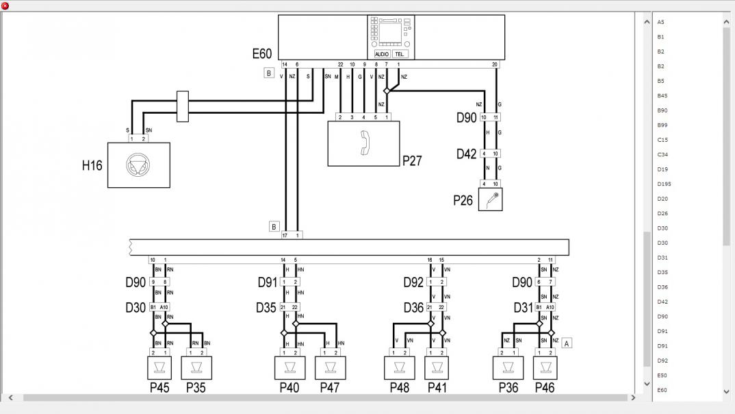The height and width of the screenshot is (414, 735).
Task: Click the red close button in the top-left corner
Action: tap(5, 5)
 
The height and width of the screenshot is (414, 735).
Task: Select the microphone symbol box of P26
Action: tap(490, 199)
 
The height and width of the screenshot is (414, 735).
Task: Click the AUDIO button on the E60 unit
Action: tap(382, 54)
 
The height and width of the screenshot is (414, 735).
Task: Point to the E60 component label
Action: tap(262, 54)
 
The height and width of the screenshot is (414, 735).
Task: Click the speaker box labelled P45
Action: tap(159, 368)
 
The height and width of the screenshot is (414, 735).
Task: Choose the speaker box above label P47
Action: tap(330, 368)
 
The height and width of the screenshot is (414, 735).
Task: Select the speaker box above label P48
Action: tap(400, 368)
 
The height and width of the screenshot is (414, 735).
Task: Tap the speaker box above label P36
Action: tap(508, 368)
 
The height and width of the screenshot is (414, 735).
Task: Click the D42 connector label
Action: tap(467, 154)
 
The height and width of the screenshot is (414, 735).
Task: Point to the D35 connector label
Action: tap(267, 308)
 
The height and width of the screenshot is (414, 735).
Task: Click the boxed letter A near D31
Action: tap(566, 343)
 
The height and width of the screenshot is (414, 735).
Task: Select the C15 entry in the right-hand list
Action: tap(662, 140)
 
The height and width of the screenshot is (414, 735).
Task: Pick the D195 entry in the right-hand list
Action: tap(665, 184)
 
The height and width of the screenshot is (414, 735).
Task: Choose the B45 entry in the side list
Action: tap(662, 95)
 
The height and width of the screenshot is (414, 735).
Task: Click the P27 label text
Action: tap(412, 161)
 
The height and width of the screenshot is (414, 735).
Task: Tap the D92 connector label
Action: tap(413, 282)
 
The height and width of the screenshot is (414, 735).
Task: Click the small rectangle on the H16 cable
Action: tap(182, 106)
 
